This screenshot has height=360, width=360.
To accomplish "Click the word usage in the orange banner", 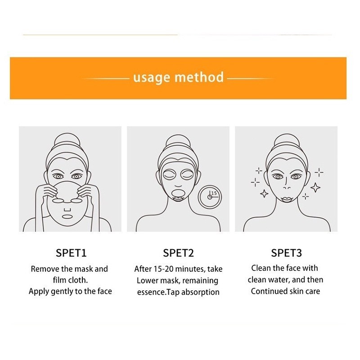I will (152, 77).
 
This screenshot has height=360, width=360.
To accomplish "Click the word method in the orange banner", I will (199, 77).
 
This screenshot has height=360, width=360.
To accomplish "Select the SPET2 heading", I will (178, 253).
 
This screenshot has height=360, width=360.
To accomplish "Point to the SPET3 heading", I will (286, 253).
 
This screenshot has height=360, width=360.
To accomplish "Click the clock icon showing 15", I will (210, 197).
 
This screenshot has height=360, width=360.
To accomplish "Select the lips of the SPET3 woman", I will (286, 196).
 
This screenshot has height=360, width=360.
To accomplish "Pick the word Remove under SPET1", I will (45, 269).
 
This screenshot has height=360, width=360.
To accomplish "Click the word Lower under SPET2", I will (147, 281).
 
